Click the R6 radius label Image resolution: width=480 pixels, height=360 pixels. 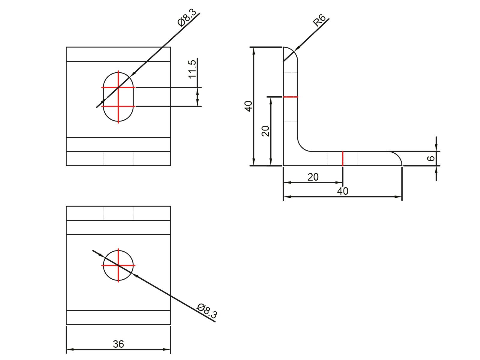coord(319,21)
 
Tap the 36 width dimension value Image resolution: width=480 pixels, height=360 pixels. coord(118,344)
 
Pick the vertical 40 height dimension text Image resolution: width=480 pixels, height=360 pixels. coord(249,106)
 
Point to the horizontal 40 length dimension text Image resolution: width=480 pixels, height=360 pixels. coord(343,191)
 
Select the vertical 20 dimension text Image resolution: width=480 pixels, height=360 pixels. coord(265,131)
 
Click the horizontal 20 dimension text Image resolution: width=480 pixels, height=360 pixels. coord(313,177)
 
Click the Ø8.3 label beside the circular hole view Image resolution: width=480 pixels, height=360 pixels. coord(207,311)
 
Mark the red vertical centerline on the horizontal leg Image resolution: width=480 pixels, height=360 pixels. coord(343,158)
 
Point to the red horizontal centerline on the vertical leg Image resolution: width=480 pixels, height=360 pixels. coord(291,97)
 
